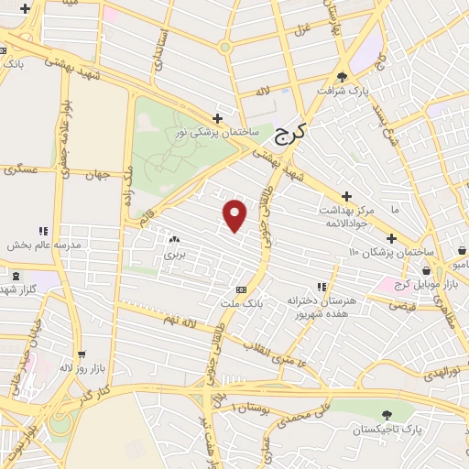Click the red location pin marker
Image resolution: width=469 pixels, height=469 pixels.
tap(235, 214)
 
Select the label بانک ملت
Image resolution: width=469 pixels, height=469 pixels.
tap(241, 302)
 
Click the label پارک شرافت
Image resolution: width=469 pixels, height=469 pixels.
tap(341, 93)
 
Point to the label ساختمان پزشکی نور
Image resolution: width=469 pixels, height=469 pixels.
tap(218, 133)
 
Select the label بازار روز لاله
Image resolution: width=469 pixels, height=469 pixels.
tap(79, 367)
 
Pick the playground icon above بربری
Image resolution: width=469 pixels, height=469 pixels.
tap(172, 239)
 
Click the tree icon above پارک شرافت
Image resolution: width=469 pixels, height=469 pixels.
tap(342, 77)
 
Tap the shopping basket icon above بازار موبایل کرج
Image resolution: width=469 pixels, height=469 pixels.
tap(427, 270)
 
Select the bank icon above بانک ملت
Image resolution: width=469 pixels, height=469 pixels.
tap(241, 289)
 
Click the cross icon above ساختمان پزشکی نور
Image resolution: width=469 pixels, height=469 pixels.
tap(217, 118)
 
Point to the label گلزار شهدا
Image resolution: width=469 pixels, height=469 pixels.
tap(20, 289)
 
